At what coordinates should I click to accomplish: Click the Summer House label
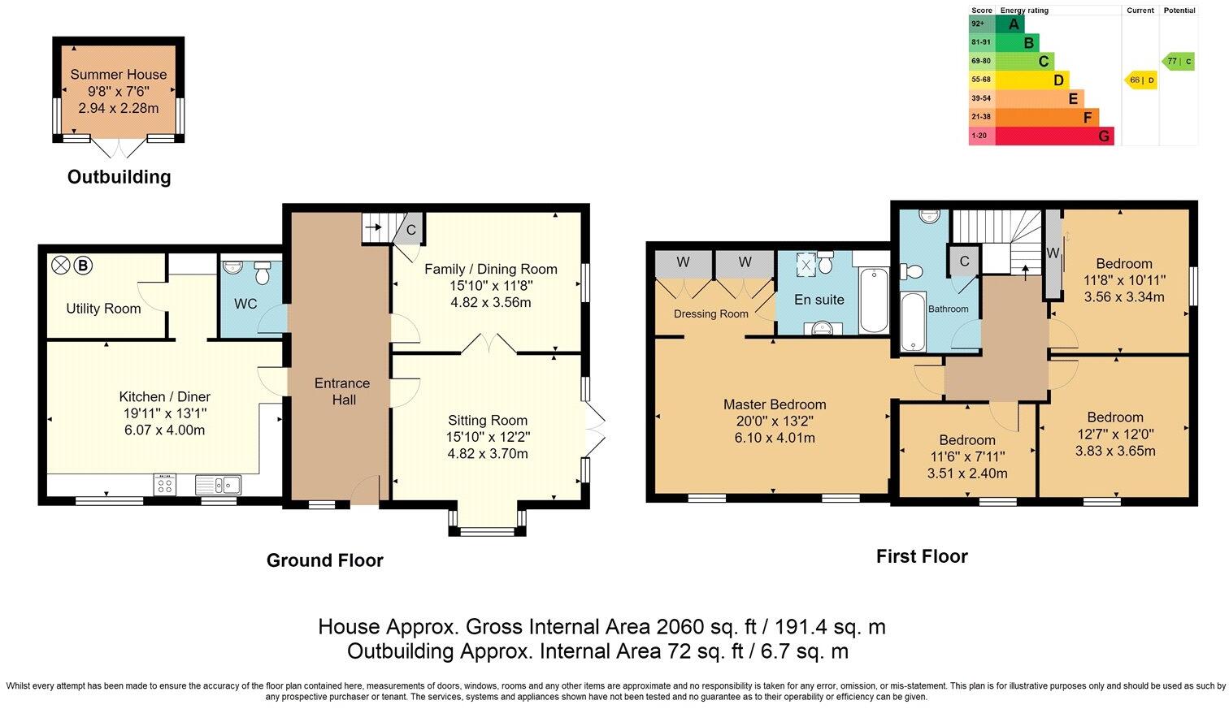pyautogui.click(x=118, y=74)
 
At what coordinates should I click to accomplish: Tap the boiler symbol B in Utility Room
pyautogui.click(x=82, y=265)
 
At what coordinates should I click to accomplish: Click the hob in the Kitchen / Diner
pyautogui.click(x=165, y=485)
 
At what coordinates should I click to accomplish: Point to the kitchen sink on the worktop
pyautogui.click(x=218, y=485)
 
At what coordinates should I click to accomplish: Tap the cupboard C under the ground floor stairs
pyautogui.click(x=410, y=230)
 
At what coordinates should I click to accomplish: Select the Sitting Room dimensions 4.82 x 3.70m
pyautogui.click(x=487, y=454)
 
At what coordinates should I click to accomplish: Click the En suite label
pyautogui.click(x=819, y=300)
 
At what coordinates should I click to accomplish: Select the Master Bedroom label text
pyautogui.click(x=774, y=404)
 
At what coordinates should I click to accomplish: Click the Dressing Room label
pyautogui.click(x=710, y=314)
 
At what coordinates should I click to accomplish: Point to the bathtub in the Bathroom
pyautogui.click(x=913, y=322)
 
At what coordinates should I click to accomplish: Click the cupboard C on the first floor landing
pyautogui.click(x=964, y=262)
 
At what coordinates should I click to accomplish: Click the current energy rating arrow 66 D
pyautogui.click(x=1141, y=80)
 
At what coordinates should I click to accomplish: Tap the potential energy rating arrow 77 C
pyautogui.click(x=1179, y=61)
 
